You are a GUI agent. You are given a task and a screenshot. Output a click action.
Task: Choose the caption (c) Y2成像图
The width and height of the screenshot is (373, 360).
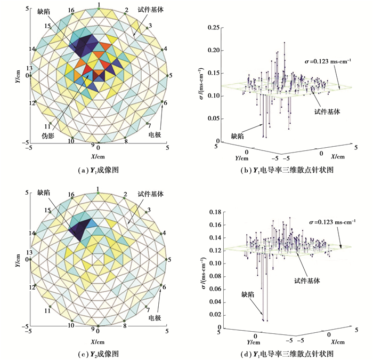tap(98, 354)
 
